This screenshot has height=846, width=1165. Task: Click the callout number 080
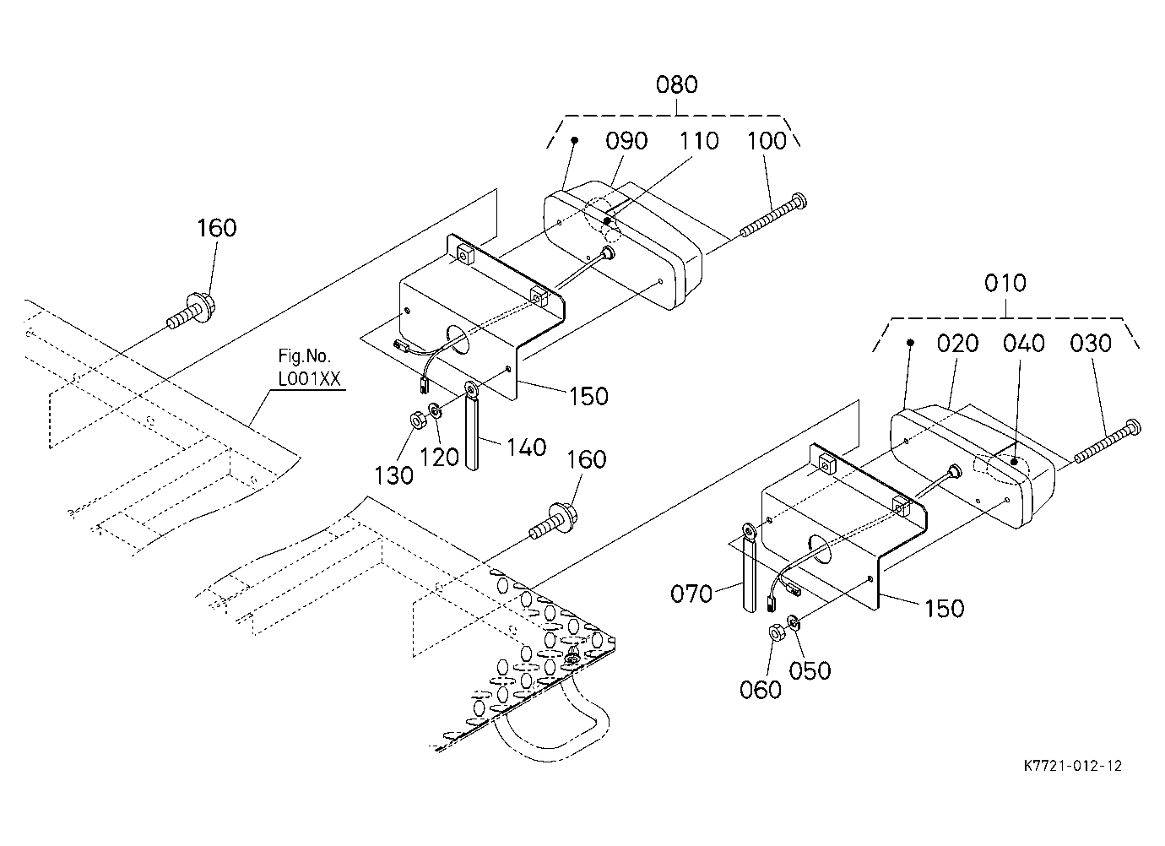click(x=676, y=84)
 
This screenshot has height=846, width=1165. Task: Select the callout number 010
click(x=1005, y=283)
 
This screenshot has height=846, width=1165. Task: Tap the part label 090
click(x=626, y=141)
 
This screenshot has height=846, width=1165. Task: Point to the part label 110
click(x=698, y=141)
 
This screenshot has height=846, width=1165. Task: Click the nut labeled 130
click(x=416, y=420)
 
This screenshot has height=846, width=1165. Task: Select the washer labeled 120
click(x=435, y=410)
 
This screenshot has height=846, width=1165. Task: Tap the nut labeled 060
click(x=777, y=633)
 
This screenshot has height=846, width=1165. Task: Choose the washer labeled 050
click(x=794, y=621)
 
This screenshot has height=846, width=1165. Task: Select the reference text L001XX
click(x=310, y=379)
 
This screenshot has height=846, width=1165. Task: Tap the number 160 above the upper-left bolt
click(x=216, y=228)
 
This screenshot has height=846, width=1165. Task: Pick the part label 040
click(x=1023, y=344)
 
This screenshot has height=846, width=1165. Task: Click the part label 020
click(x=957, y=344)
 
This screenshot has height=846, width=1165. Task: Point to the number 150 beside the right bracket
click(x=944, y=608)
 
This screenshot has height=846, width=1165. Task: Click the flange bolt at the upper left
click(x=192, y=310)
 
